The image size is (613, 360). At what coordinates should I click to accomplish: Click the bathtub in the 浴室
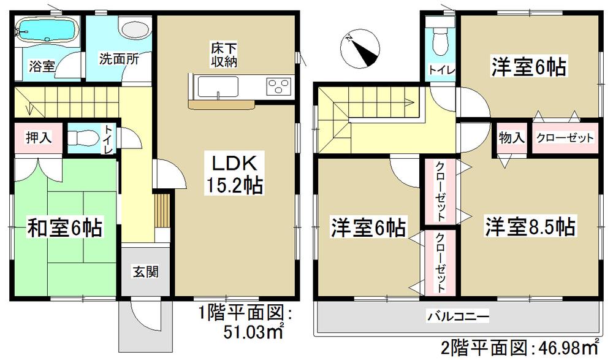[x=39, y=29]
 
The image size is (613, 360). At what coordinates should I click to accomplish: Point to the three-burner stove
[x=279, y=86]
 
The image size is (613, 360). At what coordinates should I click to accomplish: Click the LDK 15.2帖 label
[x=229, y=173]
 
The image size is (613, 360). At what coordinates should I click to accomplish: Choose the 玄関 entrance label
[x=145, y=270]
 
